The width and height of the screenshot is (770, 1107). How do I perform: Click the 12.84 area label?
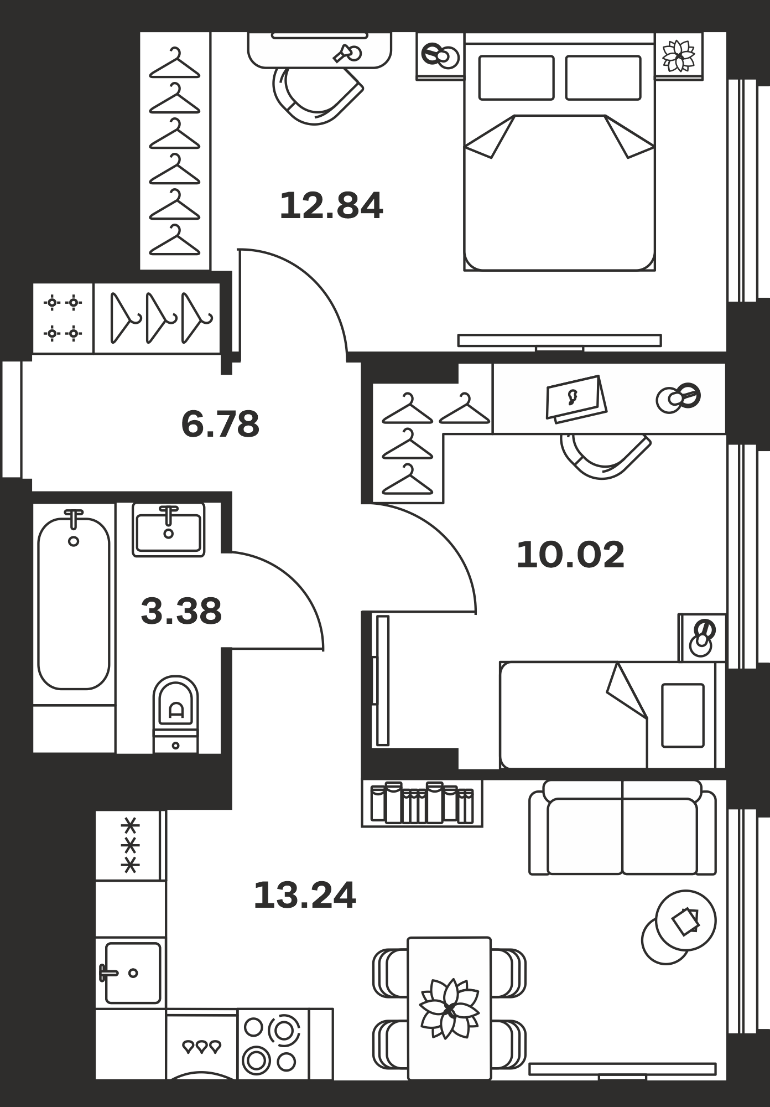pos(331,206)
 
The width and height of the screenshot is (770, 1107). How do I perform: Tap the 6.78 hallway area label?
pos(220,425)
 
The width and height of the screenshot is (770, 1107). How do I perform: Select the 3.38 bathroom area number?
pos(181,612)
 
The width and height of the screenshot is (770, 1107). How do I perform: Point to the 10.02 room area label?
pos(570,555)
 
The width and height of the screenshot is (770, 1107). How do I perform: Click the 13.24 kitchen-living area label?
pos(305,896)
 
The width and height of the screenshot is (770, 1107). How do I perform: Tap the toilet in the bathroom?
pos(175,714)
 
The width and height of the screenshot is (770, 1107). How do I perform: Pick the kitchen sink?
pos(131,972)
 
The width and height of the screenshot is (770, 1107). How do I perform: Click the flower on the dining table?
pos(449,1008)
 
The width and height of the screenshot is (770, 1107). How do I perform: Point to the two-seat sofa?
pos(622,827)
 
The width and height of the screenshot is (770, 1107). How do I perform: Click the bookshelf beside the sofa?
pos(422,803)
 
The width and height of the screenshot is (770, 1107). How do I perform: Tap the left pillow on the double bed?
pos(516,77)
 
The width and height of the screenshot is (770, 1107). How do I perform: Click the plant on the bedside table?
pos(679,55)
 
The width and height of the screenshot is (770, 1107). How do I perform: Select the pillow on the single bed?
pos(683,716)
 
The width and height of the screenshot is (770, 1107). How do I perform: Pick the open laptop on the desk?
pos(576,398)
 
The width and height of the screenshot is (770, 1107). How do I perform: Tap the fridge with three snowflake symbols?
pos(130,846)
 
